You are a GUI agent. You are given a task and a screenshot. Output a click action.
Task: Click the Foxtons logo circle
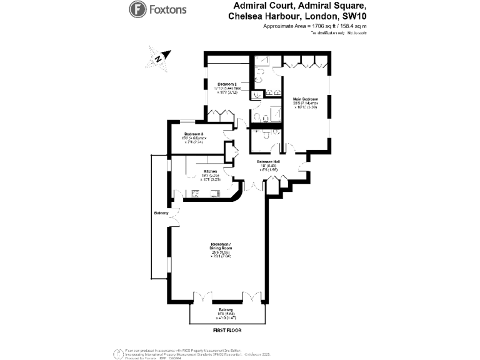pyautogui.click(x=137, y=9)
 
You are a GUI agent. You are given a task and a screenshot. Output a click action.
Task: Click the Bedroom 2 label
pyautogui.click(x=227, y=84)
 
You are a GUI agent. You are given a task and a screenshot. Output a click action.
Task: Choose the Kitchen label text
pyautogui.click(x=209, y=171)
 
